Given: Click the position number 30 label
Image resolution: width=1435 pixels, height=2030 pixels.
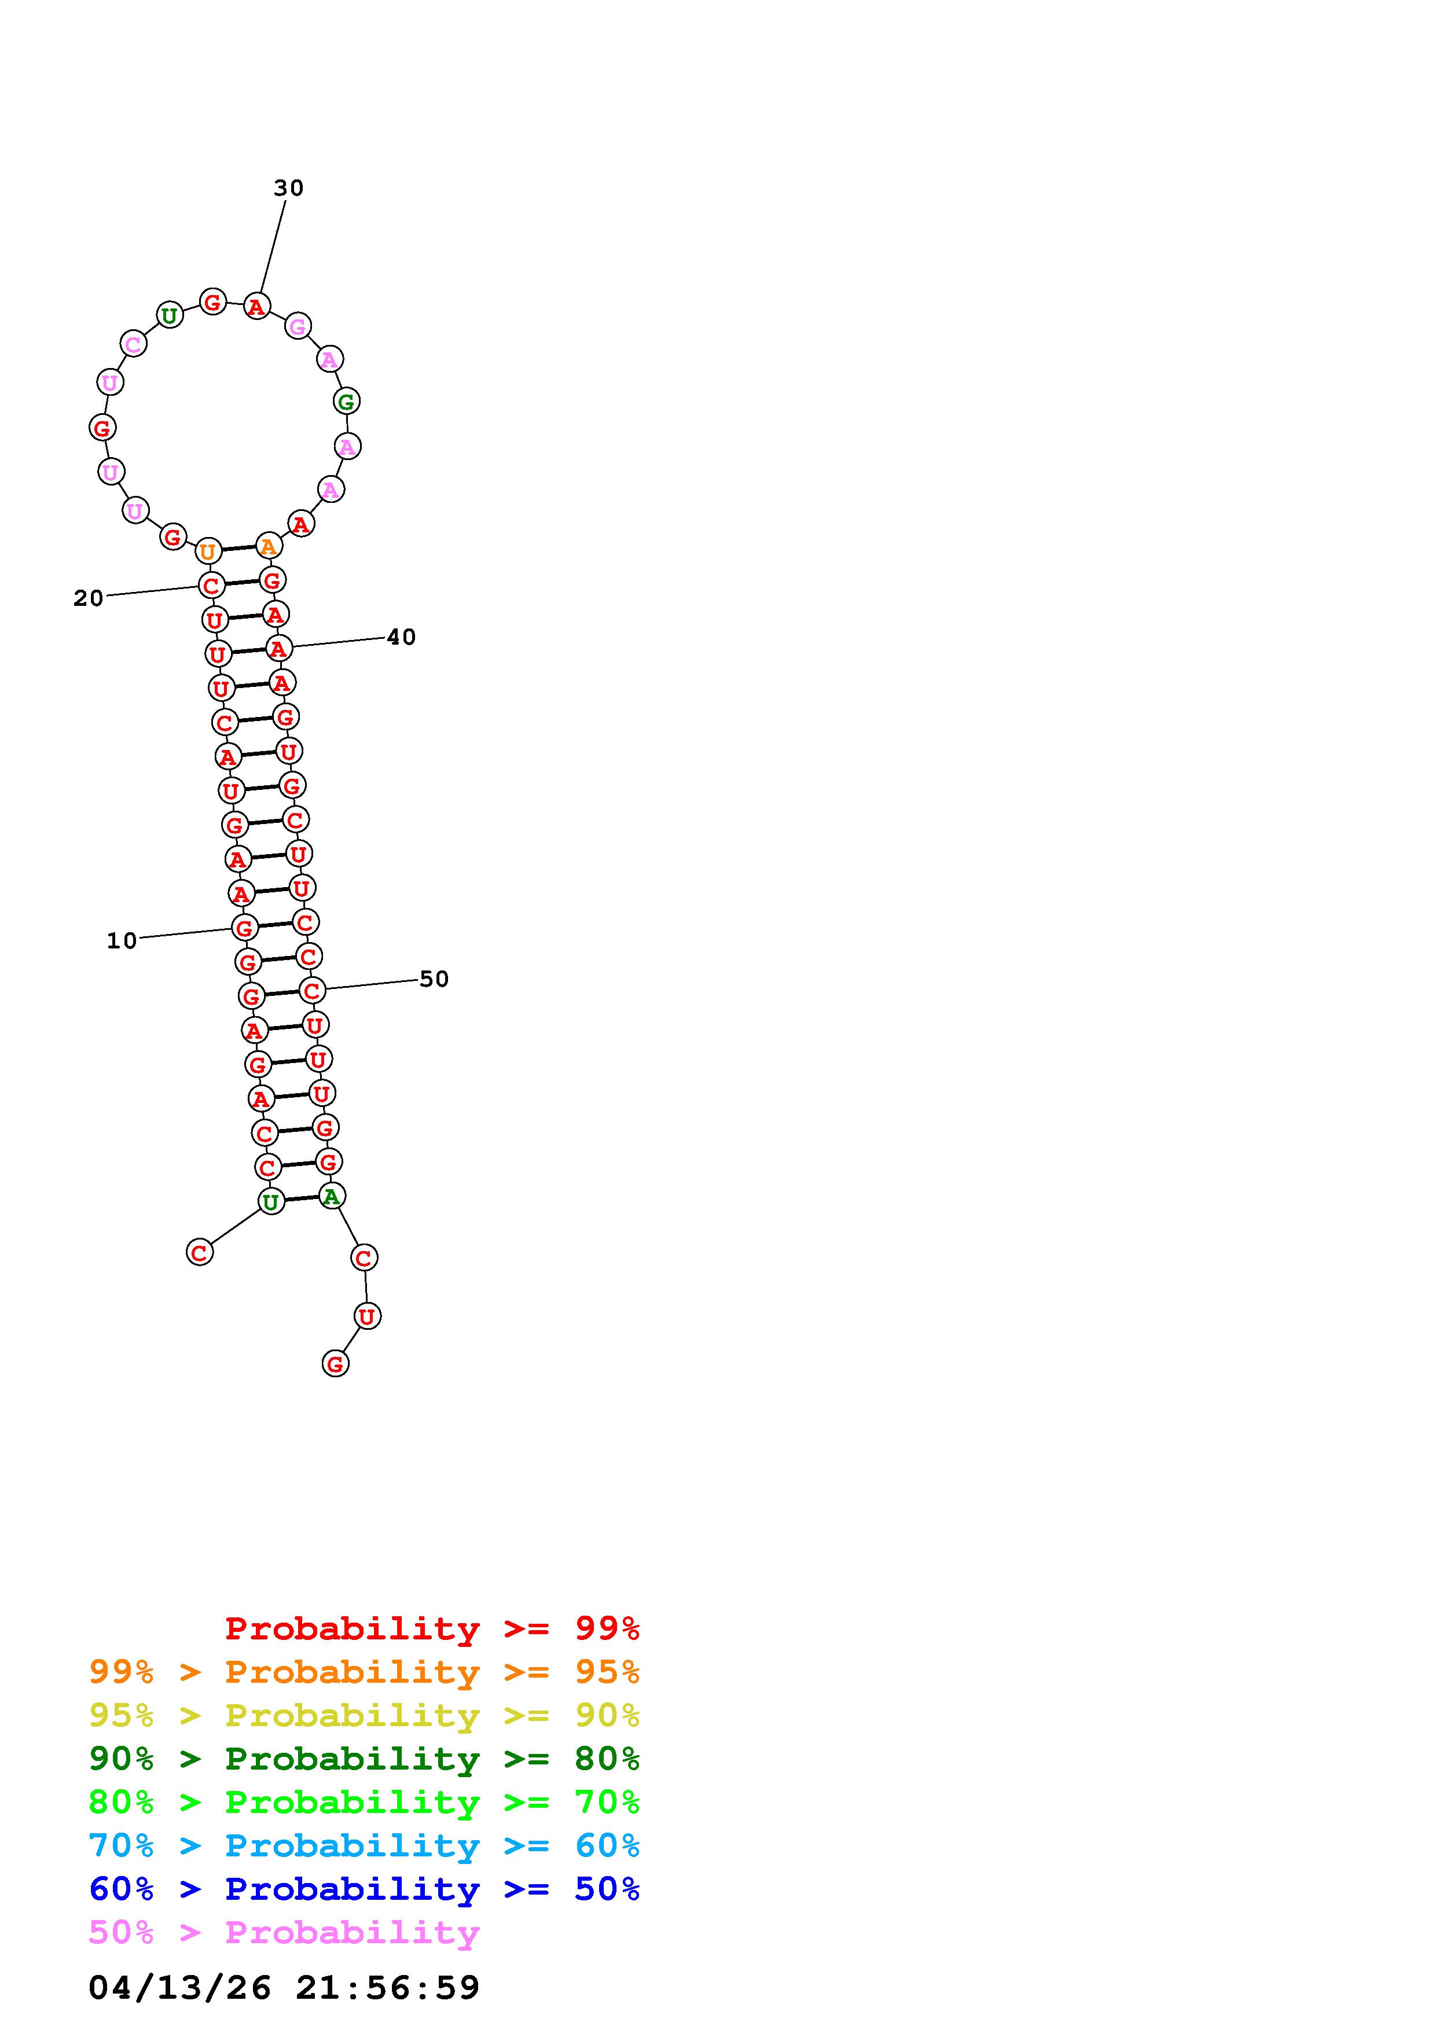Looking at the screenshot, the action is pos(288,187).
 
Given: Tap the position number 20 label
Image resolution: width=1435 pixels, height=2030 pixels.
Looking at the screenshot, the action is pos(89,598).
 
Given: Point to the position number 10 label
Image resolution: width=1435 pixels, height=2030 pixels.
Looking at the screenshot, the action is pos(122,941).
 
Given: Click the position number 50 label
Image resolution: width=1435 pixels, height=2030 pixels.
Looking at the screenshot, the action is pos(434,979).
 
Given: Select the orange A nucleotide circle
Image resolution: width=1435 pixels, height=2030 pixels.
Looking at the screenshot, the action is pos(269,546).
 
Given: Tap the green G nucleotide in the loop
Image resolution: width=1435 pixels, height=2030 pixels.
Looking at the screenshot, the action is pos(347,402).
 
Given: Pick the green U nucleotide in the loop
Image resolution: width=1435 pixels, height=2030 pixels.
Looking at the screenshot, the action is pos(169,315).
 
